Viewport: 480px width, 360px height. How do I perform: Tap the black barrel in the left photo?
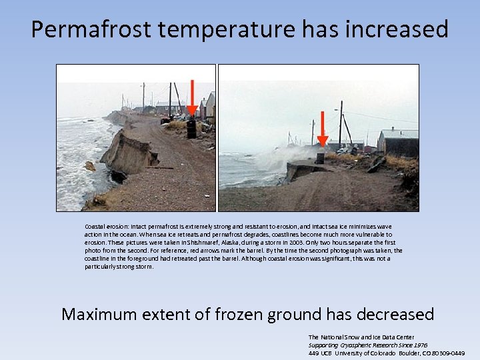(191, 129)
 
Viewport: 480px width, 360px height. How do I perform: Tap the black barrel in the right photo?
(320, 158)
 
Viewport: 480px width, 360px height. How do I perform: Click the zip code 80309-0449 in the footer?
(448, 353)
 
